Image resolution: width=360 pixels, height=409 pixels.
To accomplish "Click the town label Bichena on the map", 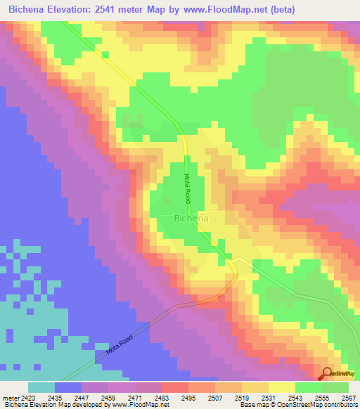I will click(x=190, y=219).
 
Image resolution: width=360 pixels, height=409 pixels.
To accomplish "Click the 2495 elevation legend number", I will click(x=187, y=398).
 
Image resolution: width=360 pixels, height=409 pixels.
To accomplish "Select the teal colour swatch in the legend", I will click(x=41, y=387).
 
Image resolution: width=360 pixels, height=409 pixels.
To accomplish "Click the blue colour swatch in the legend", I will click(x=68, y=387).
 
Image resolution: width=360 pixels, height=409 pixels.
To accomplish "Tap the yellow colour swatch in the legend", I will click(x=282, y=387).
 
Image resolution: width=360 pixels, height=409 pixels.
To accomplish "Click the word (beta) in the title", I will click(x=281, y=9).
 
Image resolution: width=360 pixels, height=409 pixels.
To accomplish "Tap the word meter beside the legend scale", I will click(x=11, y=398).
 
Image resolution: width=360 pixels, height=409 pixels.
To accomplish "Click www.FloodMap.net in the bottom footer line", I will click(x=138, y=405).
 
